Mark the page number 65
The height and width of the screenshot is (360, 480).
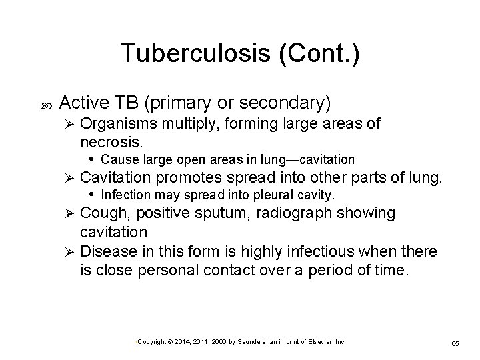(456, 343)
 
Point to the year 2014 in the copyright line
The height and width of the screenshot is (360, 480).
(179, 341)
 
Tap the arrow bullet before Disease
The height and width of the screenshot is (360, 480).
(66, 251)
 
